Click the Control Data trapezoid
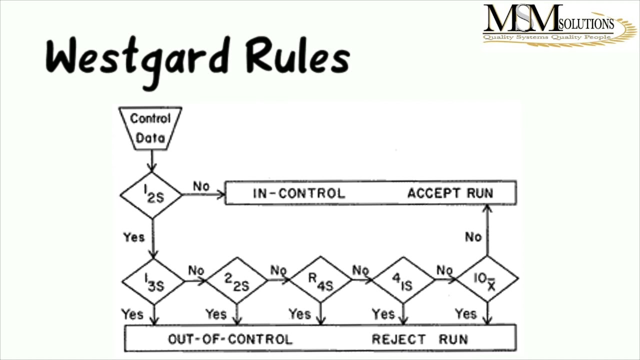click(150, 128)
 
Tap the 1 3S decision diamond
click(153, 281)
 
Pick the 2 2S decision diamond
click(236, 281)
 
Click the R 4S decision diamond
click(320, 281)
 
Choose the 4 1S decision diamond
click(403, 281)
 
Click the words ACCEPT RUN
click(450, 193)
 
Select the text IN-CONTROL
click(298, 193)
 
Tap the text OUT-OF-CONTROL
click(230, 339)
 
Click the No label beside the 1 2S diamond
click(201, 186)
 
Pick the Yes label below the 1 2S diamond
click(133, 237)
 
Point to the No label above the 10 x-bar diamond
click(473, 236)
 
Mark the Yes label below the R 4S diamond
click(299, 314)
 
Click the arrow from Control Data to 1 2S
click(151, 161)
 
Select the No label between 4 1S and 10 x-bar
click(444, 270)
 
